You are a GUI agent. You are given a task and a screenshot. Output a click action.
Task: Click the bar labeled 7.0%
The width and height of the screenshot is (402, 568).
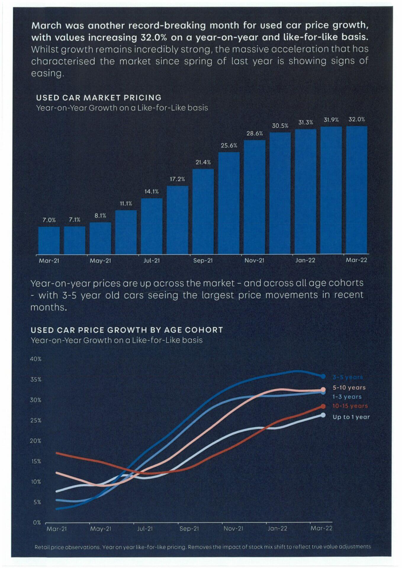49,240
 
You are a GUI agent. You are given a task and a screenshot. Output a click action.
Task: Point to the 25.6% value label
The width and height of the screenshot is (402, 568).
229,146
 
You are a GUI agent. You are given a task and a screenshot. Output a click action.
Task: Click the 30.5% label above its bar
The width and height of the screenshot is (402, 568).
280,126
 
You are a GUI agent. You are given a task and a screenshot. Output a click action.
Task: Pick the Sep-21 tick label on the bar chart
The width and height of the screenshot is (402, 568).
203,261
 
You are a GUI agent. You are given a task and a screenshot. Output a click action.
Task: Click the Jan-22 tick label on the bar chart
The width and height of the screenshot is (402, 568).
305,260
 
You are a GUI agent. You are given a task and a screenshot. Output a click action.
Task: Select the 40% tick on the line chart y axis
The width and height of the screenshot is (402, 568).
36,359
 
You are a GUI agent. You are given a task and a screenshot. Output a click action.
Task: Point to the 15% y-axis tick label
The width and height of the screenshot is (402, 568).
36,461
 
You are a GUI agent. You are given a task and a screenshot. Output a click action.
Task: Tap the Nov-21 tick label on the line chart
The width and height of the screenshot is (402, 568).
233,528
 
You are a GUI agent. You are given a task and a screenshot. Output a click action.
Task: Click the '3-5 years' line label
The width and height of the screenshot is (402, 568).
348,377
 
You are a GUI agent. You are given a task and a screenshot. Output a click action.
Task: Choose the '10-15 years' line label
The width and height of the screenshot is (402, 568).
350,406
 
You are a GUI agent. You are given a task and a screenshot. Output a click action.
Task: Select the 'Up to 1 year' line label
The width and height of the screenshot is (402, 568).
351,417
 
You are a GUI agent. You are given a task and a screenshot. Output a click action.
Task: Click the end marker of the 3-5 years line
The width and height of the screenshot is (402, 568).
323,376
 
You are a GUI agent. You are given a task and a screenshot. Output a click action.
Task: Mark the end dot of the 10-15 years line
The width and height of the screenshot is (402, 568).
323,406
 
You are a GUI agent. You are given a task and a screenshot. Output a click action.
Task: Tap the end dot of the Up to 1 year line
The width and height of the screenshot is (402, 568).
323,415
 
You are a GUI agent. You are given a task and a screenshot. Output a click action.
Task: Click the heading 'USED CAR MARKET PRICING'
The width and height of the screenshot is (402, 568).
99,98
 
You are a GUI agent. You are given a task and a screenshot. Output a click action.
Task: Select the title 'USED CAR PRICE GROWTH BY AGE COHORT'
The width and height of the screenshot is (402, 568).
127,330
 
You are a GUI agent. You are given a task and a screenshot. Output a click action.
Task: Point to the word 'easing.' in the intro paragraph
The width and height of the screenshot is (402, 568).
48,73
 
